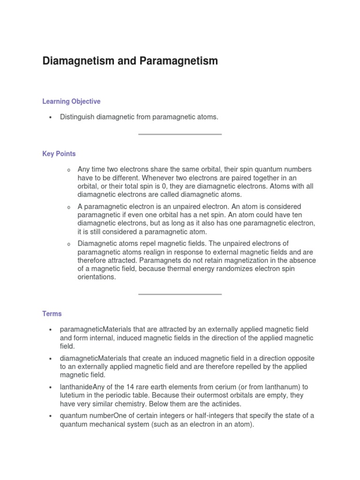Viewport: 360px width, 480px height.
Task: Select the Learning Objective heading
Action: coord(71,101)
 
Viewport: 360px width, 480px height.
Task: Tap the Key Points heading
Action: coord(59,154)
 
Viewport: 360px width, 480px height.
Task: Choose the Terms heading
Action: coord(52,314)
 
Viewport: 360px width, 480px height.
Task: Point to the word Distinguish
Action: coord(77,117)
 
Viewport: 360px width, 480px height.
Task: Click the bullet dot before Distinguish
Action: coord(49,117)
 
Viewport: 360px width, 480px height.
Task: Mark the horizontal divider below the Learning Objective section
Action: coord(180,135)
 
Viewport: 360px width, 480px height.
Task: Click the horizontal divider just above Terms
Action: coord(180,294)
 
